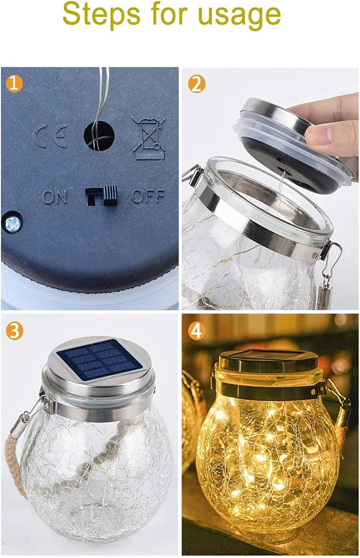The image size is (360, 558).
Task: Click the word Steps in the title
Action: tap(99, 15)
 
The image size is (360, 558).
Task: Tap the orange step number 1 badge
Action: tap(14, 84)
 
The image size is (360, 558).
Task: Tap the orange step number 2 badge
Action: tap(196, 84)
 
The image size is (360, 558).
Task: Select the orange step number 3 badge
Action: tap(14, 330)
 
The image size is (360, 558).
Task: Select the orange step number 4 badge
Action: tap(196, 330)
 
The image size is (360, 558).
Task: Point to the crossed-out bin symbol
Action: tap(148, 137)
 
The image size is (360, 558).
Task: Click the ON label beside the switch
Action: tap(54, 197)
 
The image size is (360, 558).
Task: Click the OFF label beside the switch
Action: tap(148, 196)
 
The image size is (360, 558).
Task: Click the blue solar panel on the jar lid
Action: tap(99, 359)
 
